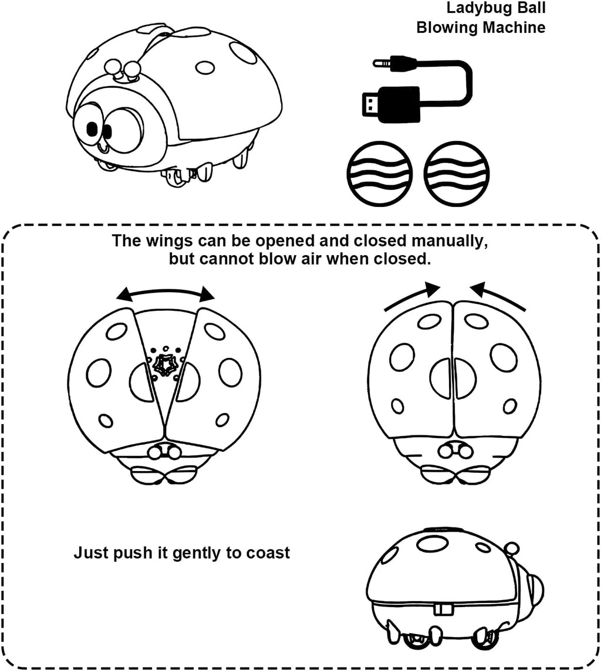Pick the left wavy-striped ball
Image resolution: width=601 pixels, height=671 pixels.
click(380, 173)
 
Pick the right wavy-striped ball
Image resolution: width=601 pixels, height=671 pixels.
click(457, 173)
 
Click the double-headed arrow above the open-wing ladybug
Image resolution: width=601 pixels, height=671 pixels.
click(166, 293)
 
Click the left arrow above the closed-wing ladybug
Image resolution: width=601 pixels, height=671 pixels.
click(412, 296)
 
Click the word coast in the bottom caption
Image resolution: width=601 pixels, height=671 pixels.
click(268, 553)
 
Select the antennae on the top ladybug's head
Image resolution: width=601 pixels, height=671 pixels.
click(122, 70)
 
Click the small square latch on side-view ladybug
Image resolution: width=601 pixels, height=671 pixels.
click(443, 609)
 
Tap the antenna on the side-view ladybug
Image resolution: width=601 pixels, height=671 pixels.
click(512, 550)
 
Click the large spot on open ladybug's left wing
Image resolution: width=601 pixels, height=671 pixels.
click(99, 372)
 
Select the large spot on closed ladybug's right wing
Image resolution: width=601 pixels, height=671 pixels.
click(504, 357)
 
